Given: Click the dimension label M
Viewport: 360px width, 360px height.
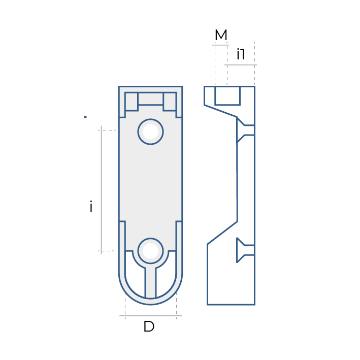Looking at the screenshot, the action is (221, 35).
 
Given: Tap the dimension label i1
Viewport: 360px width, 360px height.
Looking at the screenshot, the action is (241, 54).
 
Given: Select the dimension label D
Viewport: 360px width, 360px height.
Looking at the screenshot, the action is (149, 326).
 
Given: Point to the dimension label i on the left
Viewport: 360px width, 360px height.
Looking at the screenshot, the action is (91, 206).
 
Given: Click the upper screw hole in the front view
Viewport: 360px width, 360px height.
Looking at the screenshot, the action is (151, 132).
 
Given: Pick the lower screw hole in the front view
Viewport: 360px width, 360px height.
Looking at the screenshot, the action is (151, 251).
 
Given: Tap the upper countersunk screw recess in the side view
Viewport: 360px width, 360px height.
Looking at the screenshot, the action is (245, 130).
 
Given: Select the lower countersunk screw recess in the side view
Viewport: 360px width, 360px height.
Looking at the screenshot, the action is (245, 250).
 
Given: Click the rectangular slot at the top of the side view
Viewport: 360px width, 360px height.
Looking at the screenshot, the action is (227, 96).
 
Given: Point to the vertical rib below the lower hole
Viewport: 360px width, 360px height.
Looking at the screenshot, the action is (151, 283).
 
